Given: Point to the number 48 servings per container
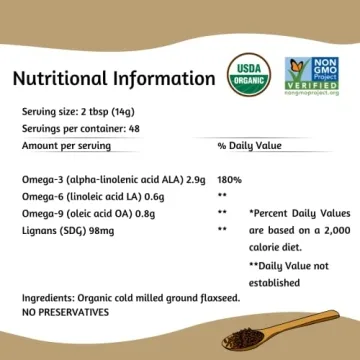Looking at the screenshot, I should tap(130, 129).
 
